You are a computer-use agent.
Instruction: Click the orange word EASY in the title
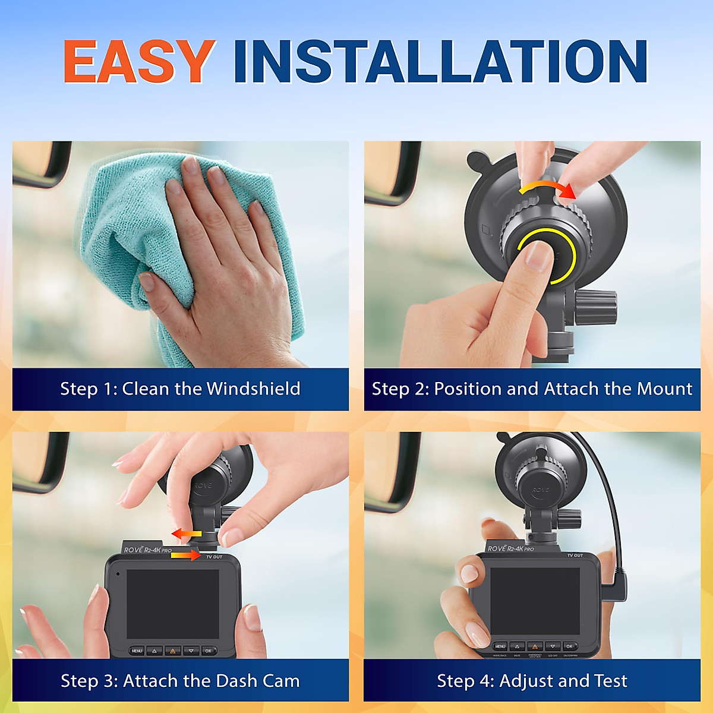138,61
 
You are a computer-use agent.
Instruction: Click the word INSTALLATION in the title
440,61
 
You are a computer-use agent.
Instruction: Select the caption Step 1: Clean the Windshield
180,389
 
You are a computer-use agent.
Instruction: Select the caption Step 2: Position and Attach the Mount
532,389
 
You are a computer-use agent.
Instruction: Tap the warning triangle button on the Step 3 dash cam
172,651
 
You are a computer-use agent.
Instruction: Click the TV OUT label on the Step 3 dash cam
214,557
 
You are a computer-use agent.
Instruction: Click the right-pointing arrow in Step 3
185,555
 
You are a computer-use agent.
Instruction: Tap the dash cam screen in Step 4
535,600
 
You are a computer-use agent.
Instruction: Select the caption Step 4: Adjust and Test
532,680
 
